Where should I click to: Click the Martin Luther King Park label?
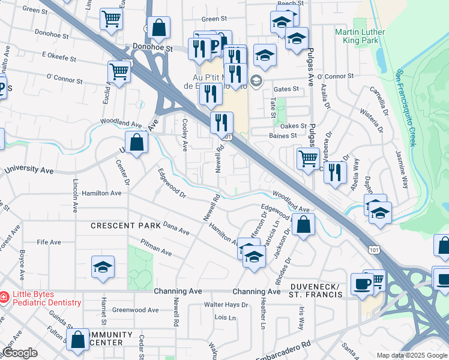[x=360, y=36]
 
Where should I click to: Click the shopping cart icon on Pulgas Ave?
[x=308, y=159]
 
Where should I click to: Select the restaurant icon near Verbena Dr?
[x=335, y=172]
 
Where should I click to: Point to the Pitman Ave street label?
[x=155, y=248]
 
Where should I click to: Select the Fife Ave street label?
[x=49, y=242]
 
